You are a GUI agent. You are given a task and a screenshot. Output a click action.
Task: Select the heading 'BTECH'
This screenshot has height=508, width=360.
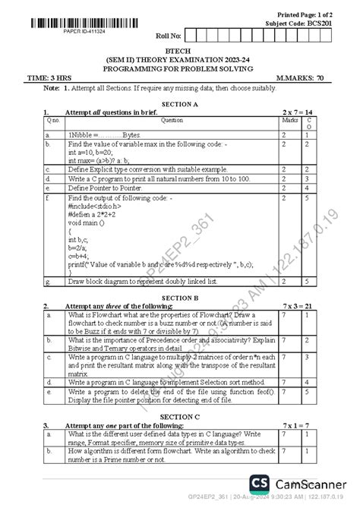tap(179, 49)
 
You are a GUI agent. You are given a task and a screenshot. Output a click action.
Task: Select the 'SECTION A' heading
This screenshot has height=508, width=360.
tap(180, 103)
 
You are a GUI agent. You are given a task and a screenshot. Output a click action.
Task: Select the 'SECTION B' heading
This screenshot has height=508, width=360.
tap(180, 298)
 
